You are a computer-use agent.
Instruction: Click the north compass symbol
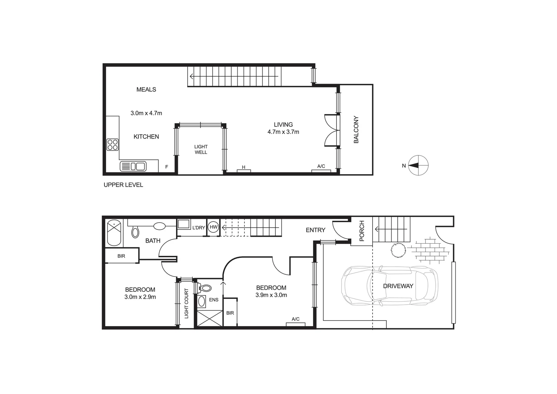click(x=418, y=165)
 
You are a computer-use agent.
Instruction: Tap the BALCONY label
click(x=356, y=130)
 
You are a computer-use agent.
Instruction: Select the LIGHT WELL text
click(x=201, y=150)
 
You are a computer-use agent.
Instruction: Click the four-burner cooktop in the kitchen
click(x=113, y=144)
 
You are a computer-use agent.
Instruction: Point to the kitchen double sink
click(x=133, y=166)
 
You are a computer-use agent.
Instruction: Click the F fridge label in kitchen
click(x=167, y=167)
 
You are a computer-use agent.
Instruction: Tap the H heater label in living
click(x=244, y=167)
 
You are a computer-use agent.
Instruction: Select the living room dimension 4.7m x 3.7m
click(x=283, y=132)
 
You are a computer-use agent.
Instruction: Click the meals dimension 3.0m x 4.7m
click(x=146, y=113)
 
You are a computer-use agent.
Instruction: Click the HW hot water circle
click(x=214, y=227)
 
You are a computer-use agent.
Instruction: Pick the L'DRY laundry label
click(x=198, y=228)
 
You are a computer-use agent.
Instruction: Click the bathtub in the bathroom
click(x=114, y=232)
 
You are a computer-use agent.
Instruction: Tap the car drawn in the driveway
click(x=389, y=286)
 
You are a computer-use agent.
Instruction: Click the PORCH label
click(x=362, y=231)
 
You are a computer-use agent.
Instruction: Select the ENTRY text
click(x=315, y=230)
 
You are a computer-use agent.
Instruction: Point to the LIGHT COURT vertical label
click(x=186, y=304)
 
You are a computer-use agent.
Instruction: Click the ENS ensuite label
click(x=214, y=300)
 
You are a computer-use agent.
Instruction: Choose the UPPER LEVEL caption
click(x=123, y=185)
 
